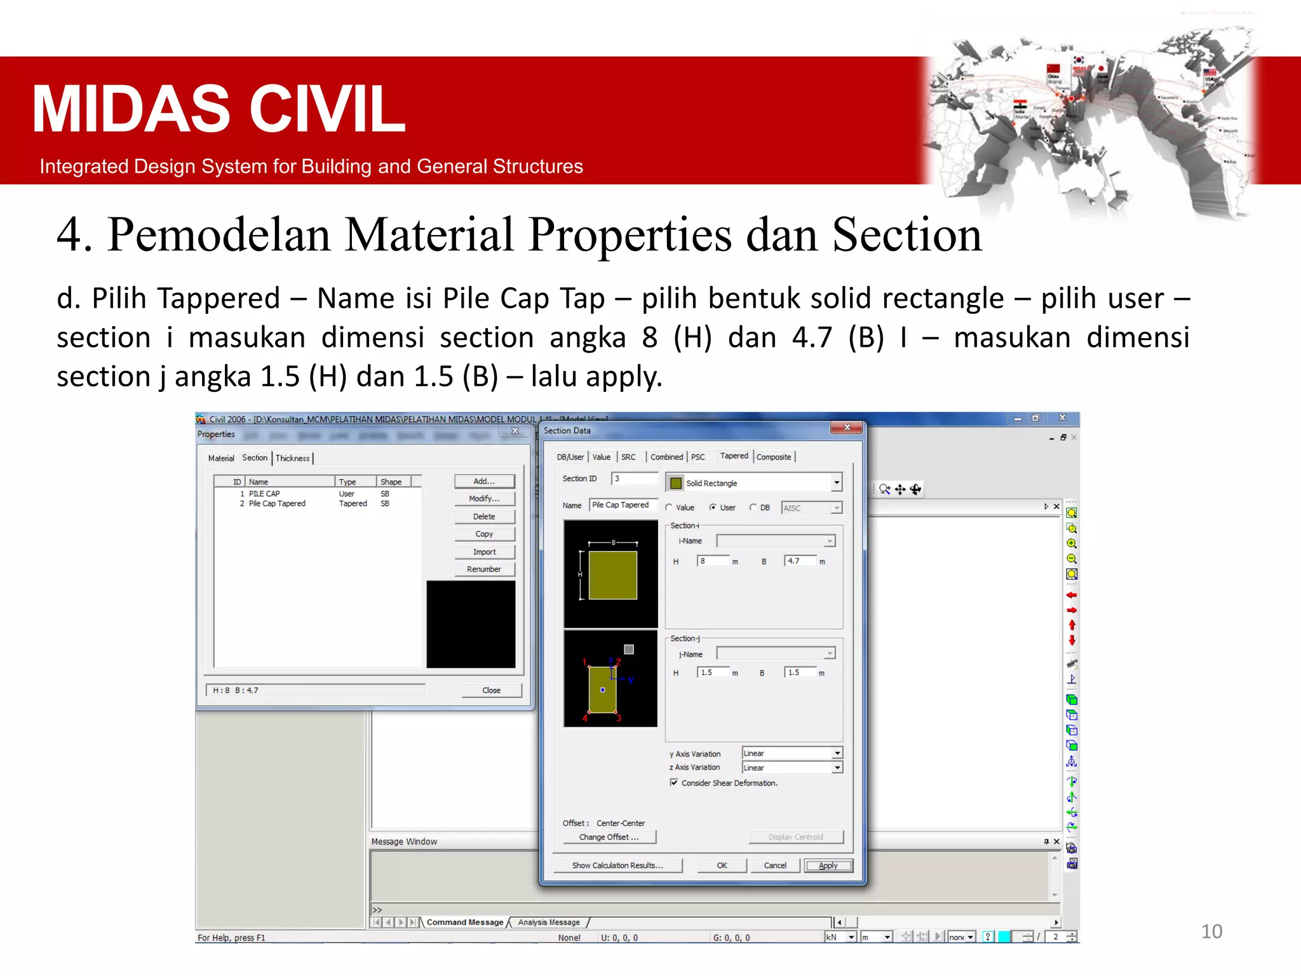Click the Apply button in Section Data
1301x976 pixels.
tap(828, 865)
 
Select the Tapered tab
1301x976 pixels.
tap(734, 456)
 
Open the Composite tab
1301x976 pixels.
tap(774, 457)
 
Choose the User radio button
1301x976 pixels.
tap(713, 508)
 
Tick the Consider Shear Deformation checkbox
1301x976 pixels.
tap(674, 783)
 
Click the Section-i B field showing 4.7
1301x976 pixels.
tap(800, 561)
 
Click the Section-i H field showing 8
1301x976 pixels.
tap(713, 561)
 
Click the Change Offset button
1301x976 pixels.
tap(609, 837)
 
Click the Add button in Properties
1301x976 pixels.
tap(484, 482)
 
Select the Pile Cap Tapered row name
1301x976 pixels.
tap(277, 504)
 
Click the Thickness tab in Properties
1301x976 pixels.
tap(292, 458)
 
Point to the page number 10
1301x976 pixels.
tap(1211, 932)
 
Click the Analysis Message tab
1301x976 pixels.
tap(549, 923)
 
